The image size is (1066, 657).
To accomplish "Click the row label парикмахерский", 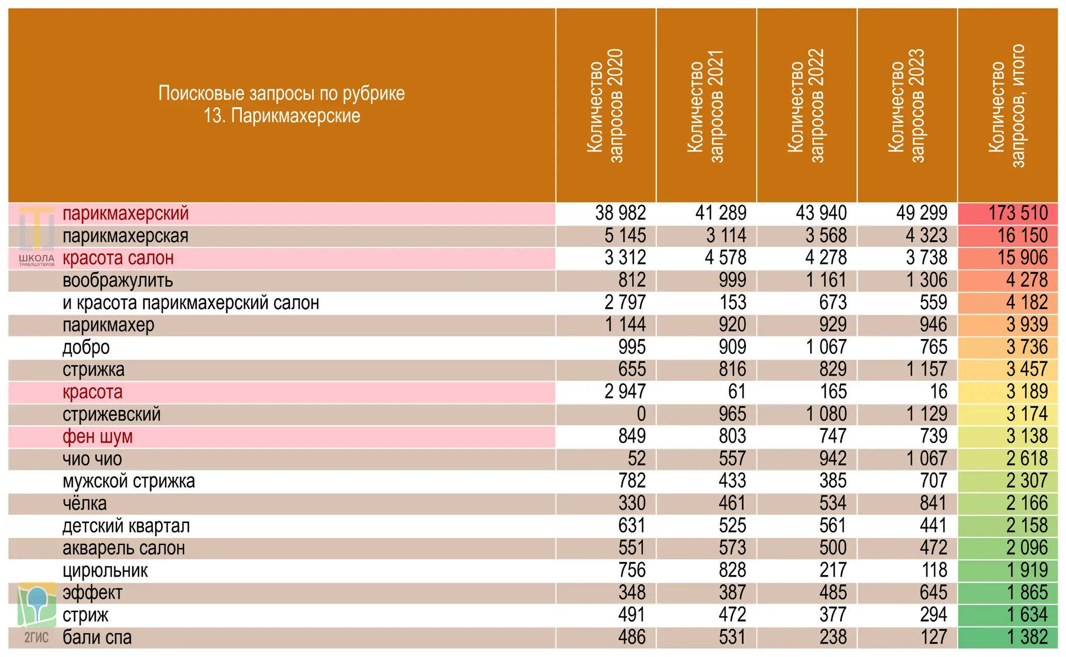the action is point(125,213).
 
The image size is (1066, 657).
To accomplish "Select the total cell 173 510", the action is point(1018,213).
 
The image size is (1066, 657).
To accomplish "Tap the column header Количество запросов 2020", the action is point(605,106).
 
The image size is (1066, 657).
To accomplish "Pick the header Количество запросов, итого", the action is point(1007,106).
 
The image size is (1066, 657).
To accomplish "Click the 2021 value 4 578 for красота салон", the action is point(726,258).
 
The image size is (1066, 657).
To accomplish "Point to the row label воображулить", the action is point(118,280).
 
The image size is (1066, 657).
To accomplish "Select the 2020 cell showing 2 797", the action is point(625,302).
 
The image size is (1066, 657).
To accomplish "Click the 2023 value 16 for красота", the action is point(939,392).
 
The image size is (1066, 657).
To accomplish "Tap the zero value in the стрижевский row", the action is point(641,414).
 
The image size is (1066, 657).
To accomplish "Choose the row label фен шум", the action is point(97,436).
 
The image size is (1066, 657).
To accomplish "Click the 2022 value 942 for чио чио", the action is point(833,459).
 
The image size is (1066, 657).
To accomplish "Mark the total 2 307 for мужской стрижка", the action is point(1027,481).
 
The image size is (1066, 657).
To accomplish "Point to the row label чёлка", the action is point(85,503).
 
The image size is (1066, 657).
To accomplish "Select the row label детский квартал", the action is point(126,526).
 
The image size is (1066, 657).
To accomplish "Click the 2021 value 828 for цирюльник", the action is point(732,570).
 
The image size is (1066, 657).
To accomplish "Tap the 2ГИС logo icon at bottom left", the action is point(36,613).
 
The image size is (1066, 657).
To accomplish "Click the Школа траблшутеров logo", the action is point(36,237).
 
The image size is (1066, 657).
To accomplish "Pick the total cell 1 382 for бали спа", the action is point(1027,637).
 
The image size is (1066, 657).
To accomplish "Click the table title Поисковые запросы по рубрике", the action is point(282,93).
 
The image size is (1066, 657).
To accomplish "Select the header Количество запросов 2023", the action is point(907,106).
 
